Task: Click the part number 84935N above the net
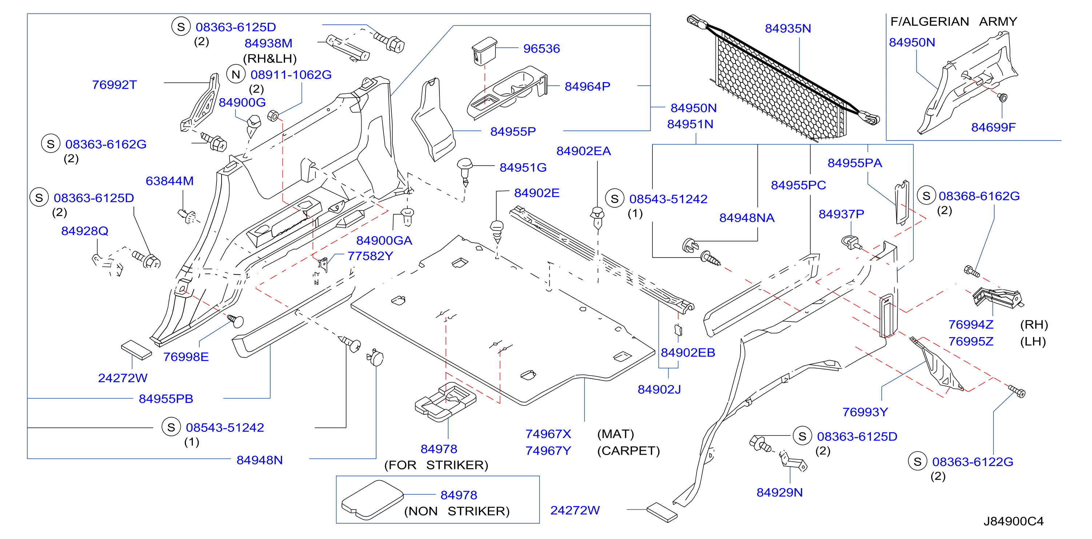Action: (788, 28)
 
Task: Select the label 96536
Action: (541, 49)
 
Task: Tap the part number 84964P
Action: (587, 86)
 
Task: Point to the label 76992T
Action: (115, 85)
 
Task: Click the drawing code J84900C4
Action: (1013, 521)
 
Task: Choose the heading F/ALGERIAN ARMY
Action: (953, 21)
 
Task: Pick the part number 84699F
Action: (993, 127)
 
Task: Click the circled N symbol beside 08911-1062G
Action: (236, 74)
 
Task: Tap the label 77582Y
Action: (370, 256)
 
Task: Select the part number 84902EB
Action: (688, 352)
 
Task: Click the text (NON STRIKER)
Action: (457, 511)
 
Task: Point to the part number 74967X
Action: (548, 434)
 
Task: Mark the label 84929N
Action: (780, 493)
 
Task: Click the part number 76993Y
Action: (865, 412)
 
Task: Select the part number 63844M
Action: (170, 181)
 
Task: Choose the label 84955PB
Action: (166, 398)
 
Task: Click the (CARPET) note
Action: (628, 451)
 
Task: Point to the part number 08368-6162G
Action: (979, 196)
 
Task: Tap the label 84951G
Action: (523, 168)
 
